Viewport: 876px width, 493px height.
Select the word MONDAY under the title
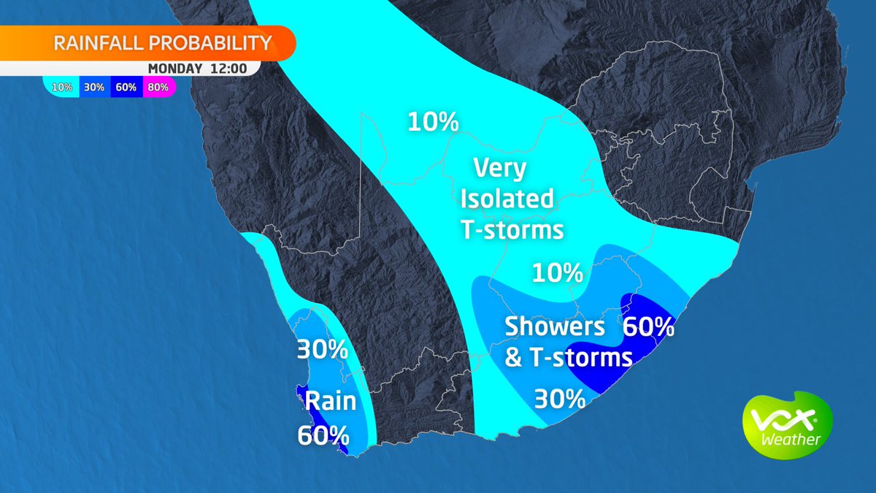click(x=174, y=69)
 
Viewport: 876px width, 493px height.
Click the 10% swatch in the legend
click(x=62, y=88)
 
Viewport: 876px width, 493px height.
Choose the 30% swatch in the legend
click(x=94, y=88)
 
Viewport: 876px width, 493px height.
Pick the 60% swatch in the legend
click(x=125, y=88)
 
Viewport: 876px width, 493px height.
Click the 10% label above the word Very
click(x=433, y=121)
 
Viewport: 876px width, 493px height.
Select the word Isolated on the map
click(x=507, y=199)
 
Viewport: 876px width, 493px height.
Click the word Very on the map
click(x=499, y=169)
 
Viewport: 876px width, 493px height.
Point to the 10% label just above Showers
click(x=558, y=273)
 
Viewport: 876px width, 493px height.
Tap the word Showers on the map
click(x=556, y=326)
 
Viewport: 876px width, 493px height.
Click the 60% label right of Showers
click(x=648, y=326)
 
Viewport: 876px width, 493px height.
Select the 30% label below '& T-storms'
click(x=560, y=399)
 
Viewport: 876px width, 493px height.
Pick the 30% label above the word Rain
click(x=322, y=350)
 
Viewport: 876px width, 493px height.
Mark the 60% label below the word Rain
click(x=323, y=435)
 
